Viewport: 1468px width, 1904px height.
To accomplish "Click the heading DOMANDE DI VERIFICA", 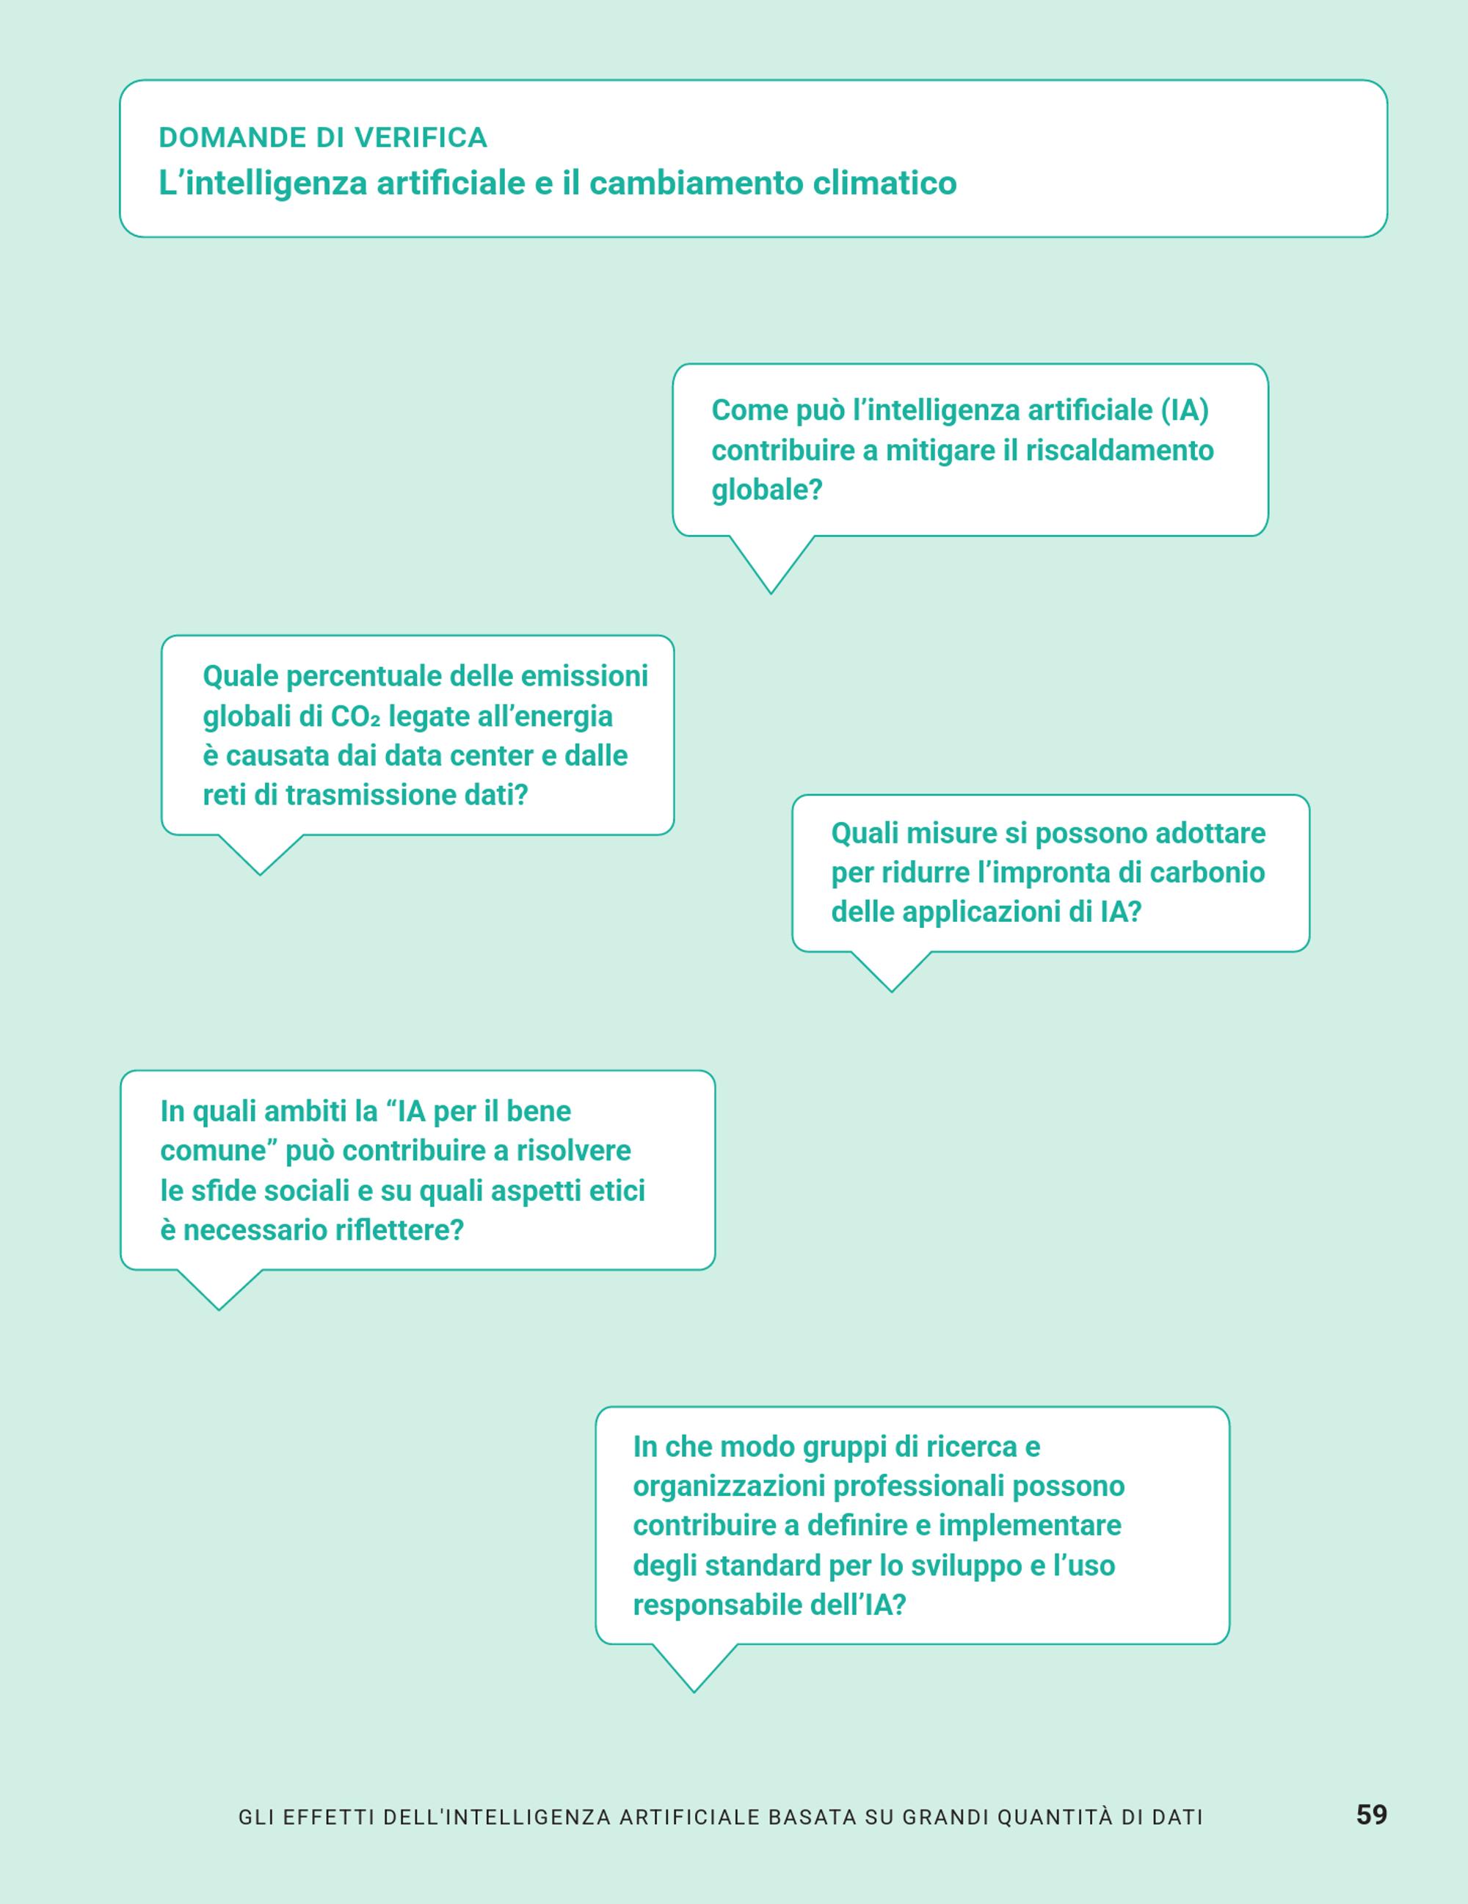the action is pyautogui.click(x=322, y=138).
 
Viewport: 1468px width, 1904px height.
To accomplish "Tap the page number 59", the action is pyautogui.click(x=1371, y=1814).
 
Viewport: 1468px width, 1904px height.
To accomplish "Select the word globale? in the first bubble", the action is pyautogui.click(x=767, y=490).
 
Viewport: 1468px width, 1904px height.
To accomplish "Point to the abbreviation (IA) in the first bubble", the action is pyautogui.click(x=1185, y=410).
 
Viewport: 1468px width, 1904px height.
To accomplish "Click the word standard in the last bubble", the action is pyautogui.click(x=763, y=1566).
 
